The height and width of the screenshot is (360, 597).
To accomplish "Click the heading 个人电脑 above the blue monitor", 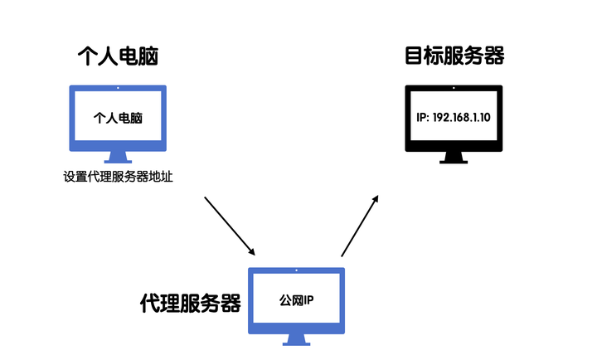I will (118, 56).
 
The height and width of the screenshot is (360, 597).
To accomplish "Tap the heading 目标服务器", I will (454, 56).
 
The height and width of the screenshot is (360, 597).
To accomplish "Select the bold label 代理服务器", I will (191, 303).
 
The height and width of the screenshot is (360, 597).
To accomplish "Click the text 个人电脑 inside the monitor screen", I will (118, 118).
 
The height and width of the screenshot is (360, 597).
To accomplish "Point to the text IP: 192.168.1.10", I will (454, 118).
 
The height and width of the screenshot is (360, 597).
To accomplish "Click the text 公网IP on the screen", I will (296, 299).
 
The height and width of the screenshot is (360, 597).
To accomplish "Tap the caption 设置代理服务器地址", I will (118, 177).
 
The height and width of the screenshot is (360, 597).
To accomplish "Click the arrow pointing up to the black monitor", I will (360, 226).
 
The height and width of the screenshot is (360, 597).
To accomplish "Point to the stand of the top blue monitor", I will (118, 156).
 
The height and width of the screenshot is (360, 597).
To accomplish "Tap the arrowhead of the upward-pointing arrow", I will (376, 199).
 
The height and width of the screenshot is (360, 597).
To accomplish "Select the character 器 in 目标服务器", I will (494, 56).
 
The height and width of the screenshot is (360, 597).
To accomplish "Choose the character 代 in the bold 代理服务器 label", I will (150, 303).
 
